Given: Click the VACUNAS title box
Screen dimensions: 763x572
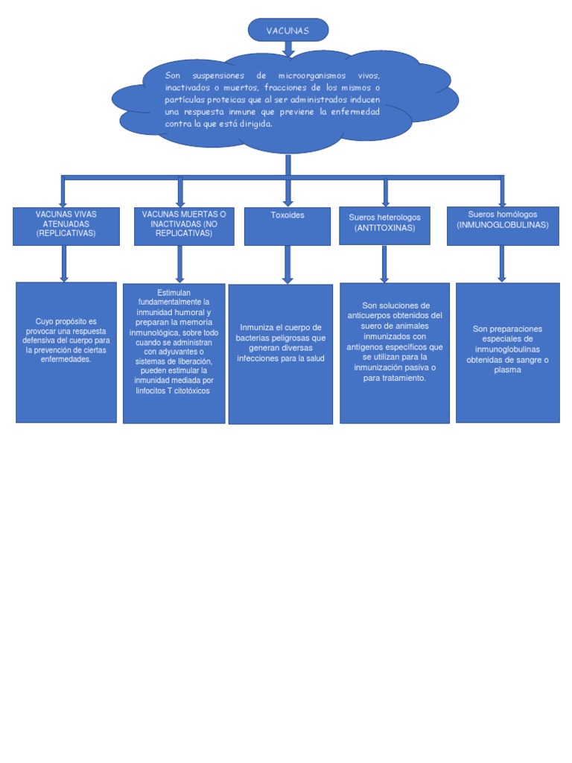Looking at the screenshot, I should point(287,31).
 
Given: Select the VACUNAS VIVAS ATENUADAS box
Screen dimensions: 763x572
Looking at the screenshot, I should point(66,226).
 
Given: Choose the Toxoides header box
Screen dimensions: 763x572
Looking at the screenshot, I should point(287,226).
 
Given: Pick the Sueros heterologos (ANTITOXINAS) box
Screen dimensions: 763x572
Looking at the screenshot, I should point(384,226).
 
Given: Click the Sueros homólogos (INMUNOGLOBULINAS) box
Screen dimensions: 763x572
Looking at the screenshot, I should point(502,226).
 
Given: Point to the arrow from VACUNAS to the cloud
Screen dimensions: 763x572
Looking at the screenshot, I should point(287,48).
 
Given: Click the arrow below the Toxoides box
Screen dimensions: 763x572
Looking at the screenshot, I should point(287,264).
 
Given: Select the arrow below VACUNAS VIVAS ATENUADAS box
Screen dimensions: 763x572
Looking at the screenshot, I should point(65,263).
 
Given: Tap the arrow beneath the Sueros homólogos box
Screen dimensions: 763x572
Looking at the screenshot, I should point(502,263).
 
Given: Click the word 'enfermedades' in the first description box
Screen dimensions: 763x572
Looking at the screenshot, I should point(66,359).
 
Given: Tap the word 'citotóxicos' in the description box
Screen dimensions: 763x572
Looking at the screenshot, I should point(190,390).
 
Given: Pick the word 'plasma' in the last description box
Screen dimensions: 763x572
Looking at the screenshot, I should point(507,370).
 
